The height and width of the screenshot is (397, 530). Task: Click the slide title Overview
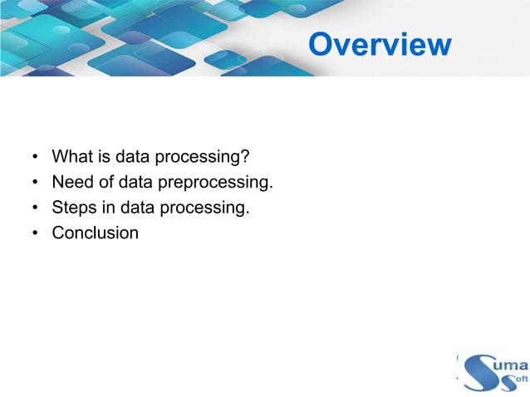click(x=380, y=45)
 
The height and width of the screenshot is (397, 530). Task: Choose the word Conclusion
click(x=95, y=233)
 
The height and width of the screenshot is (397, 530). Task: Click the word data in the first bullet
click(x=132, y=156)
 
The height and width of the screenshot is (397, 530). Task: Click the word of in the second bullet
click(x=111, y=182)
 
